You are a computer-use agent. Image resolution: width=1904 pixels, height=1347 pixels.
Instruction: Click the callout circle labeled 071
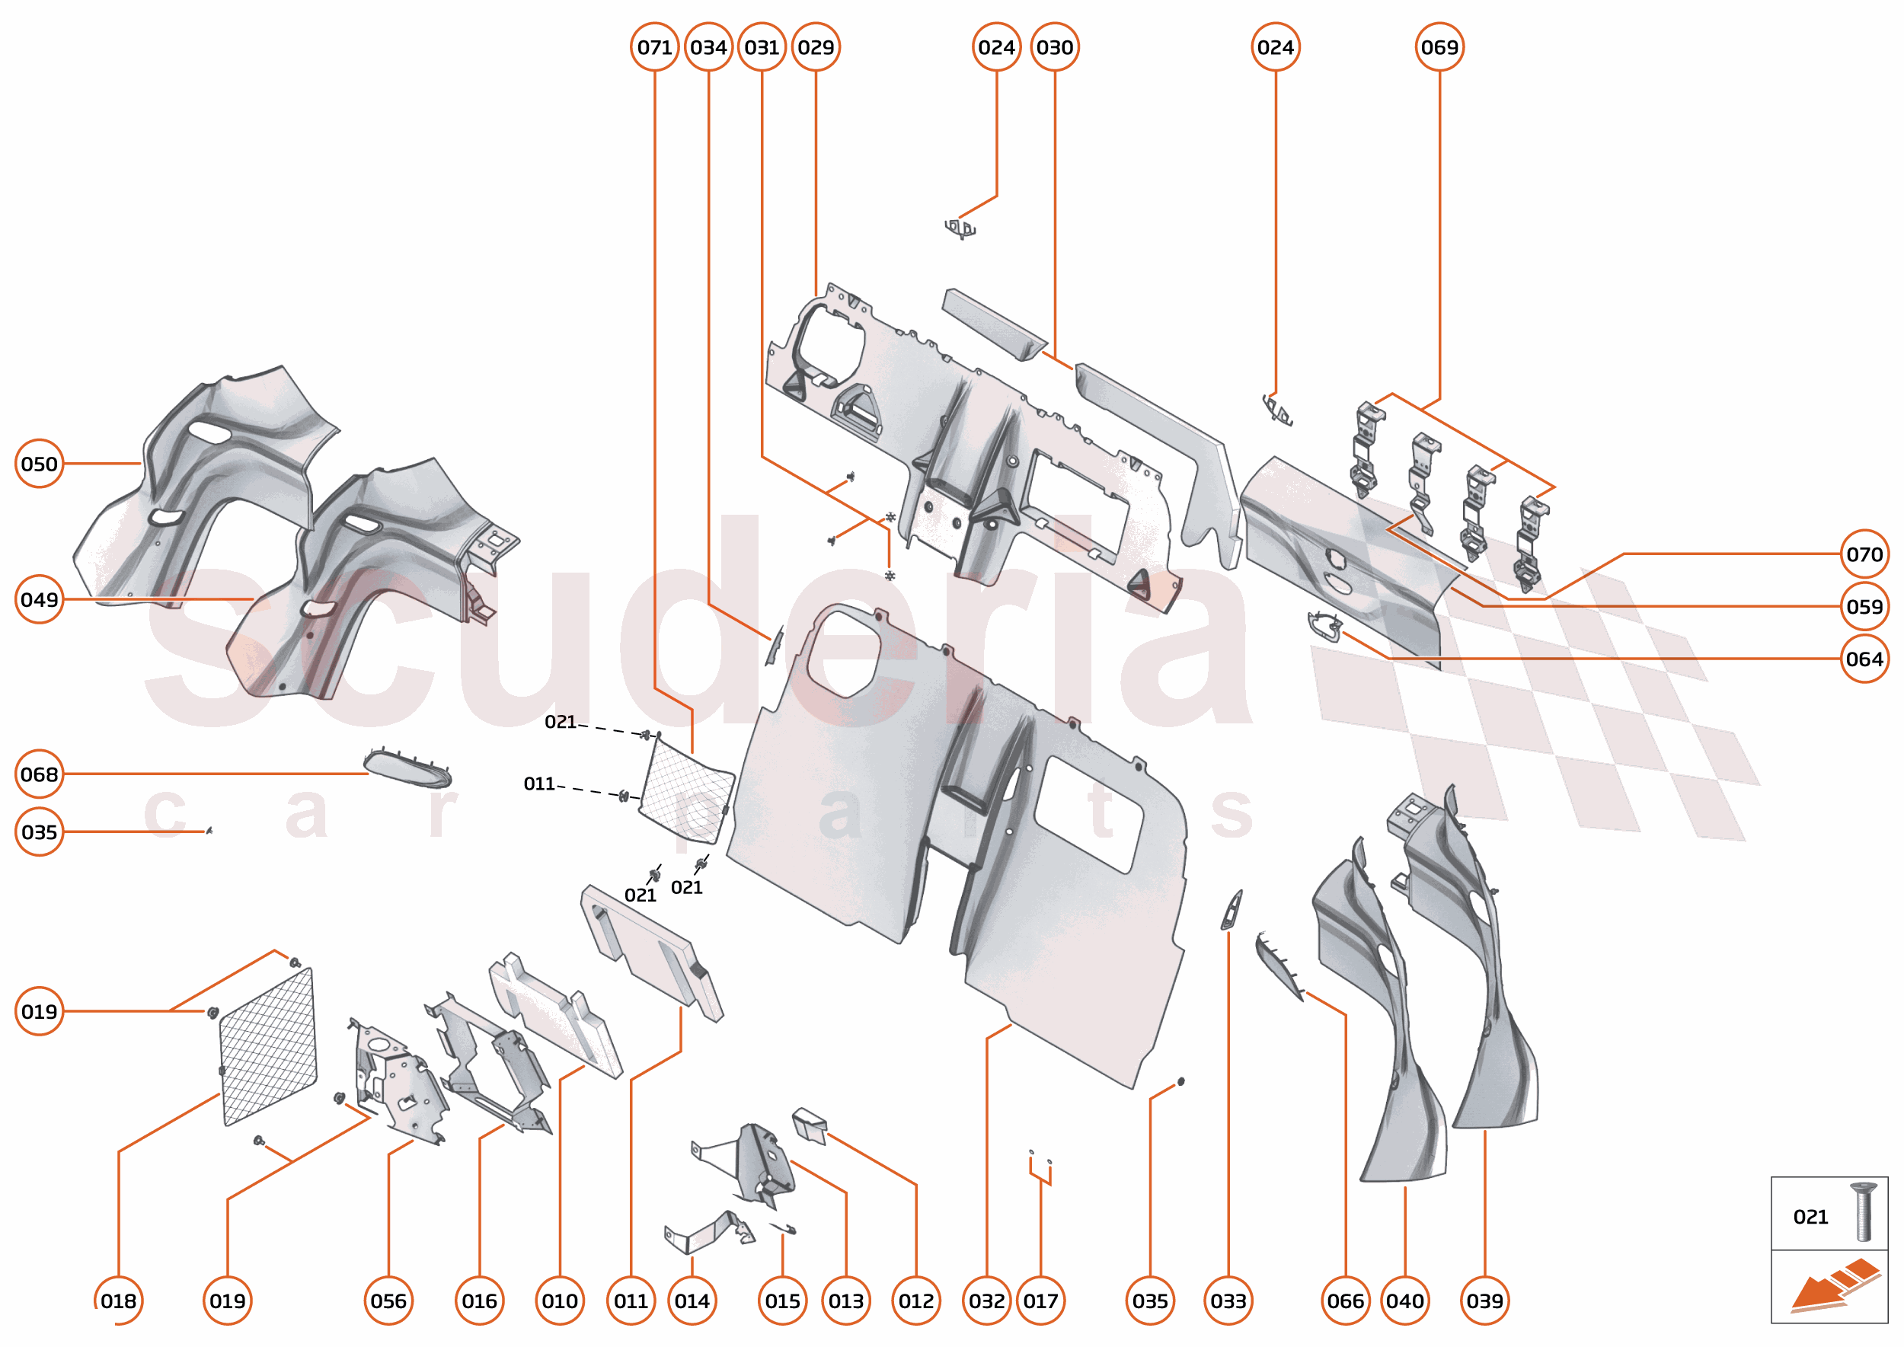(653, 47)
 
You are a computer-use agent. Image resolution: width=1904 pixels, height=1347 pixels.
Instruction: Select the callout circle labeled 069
(1439, 47)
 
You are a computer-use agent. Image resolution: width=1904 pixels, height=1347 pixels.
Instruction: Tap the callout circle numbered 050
(39, 464)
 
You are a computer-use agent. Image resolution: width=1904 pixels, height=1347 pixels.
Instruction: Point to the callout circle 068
(39, 774)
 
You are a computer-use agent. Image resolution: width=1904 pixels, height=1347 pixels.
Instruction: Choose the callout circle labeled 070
(1864, 554)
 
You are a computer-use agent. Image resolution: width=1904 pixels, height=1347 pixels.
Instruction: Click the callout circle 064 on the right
(1864, 659)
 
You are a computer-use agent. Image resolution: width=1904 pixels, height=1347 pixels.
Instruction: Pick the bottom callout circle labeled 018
(119, 1301)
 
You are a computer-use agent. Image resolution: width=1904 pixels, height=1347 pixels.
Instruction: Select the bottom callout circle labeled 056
(388, 1301)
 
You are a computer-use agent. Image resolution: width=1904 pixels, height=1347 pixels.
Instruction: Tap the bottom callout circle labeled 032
(986, 1301)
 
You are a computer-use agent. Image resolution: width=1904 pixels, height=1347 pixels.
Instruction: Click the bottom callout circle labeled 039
(1484, 1301)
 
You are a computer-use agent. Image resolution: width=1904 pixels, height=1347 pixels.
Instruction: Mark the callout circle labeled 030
(1055, 47)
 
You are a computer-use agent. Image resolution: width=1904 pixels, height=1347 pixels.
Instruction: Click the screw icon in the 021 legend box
(1864, 1213)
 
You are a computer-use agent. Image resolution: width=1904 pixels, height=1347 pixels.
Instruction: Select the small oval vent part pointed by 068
(407, 768)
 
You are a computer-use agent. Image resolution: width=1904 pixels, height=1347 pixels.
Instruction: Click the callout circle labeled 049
(39, 598)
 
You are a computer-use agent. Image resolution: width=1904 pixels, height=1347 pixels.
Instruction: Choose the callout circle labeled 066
(1345, 1301)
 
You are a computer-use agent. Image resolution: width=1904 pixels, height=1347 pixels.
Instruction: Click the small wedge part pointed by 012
(810, 1125)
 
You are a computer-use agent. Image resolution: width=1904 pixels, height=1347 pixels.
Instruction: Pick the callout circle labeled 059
(1864, 606)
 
